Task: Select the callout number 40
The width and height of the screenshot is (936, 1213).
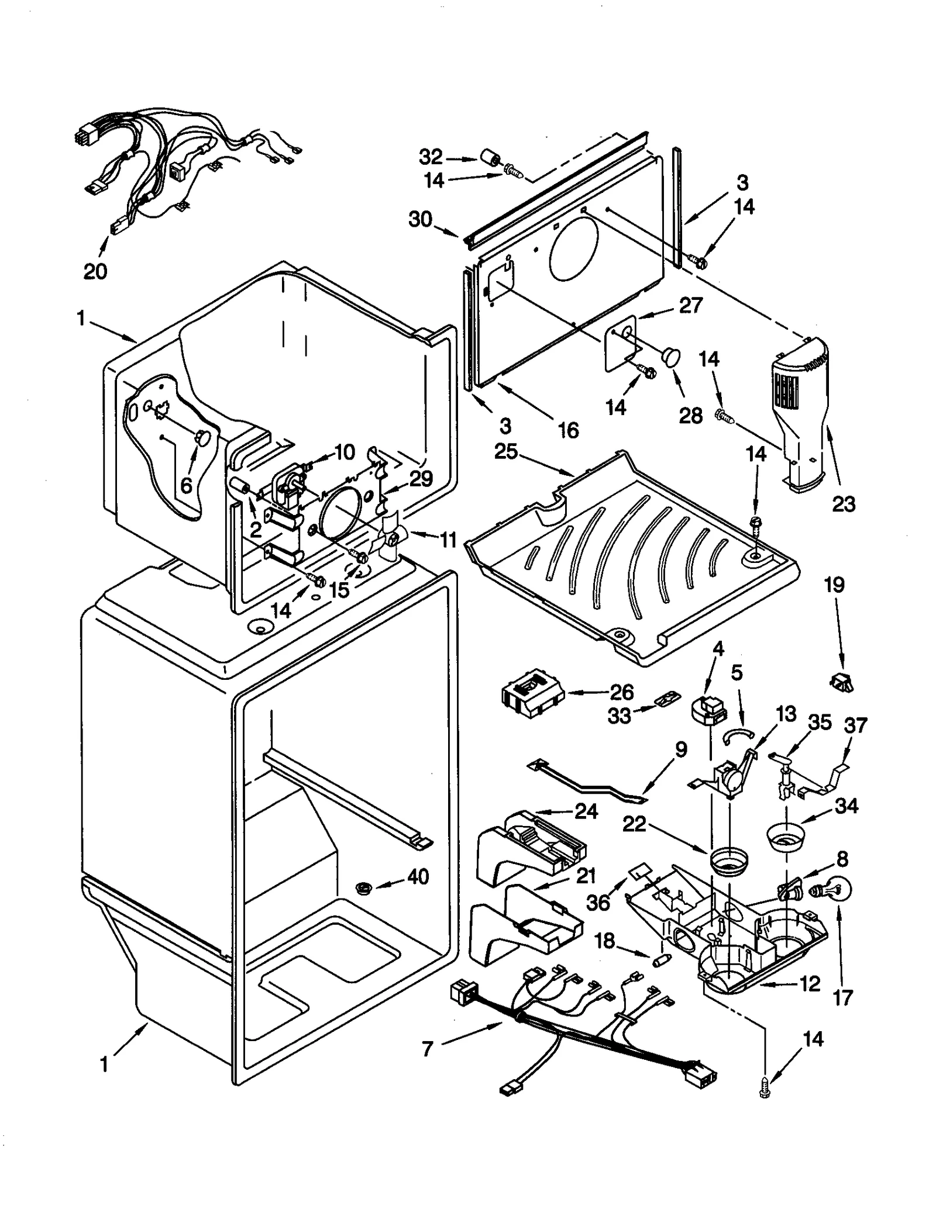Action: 418,876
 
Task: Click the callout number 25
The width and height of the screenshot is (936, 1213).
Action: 506,451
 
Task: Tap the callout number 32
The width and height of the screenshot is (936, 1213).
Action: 431,157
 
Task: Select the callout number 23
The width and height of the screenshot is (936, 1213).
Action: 843,503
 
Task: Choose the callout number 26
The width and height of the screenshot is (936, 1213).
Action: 621,692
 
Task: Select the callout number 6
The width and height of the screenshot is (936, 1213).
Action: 186,485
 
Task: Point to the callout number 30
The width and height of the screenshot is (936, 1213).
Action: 420,219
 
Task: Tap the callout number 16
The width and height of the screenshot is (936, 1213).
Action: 568,430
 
